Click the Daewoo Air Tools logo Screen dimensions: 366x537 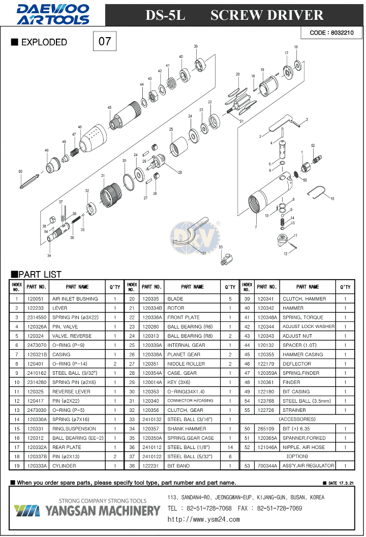(53, 14)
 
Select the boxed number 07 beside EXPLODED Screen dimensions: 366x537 (105, 41)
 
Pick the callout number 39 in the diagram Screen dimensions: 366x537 (196, 46)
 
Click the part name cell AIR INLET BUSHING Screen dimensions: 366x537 (75, 299)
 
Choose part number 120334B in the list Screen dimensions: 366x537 (152, 308)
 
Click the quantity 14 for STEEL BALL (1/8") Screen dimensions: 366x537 (230, 447)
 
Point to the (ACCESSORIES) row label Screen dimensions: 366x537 (297, 419)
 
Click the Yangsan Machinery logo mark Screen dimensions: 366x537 (26, 511)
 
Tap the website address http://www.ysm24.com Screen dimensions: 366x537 (203, 520)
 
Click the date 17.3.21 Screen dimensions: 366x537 (346, 483)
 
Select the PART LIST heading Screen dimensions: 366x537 (36, 274)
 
